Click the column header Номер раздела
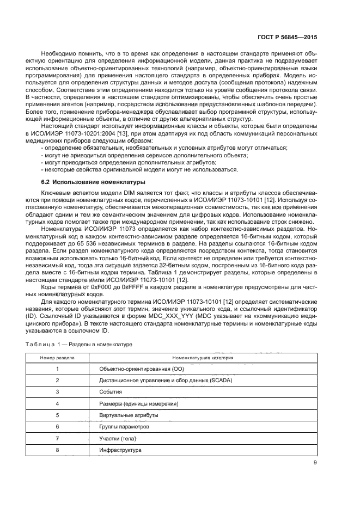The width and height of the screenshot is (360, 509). [x=57, y=358]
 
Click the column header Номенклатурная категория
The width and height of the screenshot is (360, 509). [x=203, y=358]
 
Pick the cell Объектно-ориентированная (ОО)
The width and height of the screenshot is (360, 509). [x=135, y=369]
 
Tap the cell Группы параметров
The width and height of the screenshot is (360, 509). [x=120, y=427]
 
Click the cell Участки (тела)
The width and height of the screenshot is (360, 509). [x=116, y=438]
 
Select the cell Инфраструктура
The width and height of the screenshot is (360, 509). [x=120, y=450]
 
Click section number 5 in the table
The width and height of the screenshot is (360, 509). [x=57, y=415]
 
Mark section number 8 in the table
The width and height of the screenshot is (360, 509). [x=57, y=450]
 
